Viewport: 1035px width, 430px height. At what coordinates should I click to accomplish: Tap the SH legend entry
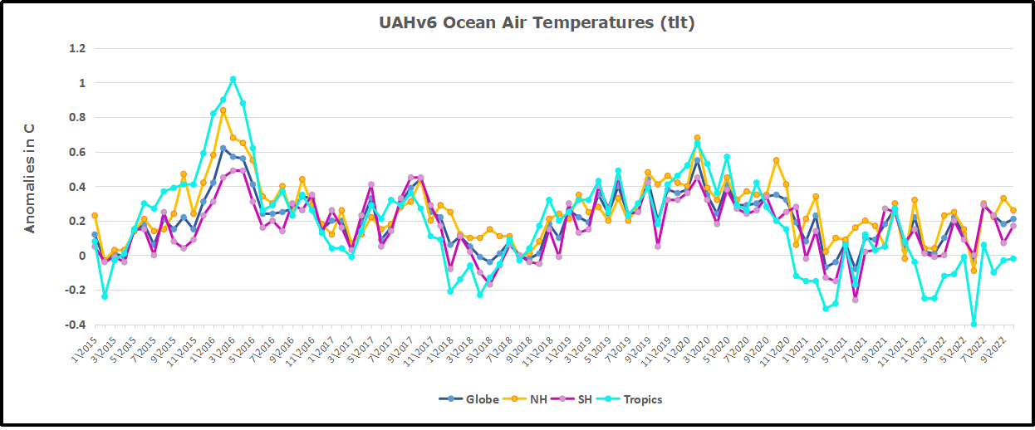click(576, 399)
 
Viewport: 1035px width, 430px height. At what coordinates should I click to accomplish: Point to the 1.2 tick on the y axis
click(76, 48)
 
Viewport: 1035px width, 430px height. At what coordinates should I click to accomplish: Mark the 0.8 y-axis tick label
click(76, 117)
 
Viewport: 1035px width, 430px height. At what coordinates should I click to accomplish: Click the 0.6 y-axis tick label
click(76, 152)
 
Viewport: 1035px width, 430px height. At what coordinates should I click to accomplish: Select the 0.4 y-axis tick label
click(76, 187)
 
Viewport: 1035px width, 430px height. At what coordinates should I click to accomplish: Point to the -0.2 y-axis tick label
click(75, 291)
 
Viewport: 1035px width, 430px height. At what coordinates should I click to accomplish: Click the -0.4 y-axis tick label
click(75, 325)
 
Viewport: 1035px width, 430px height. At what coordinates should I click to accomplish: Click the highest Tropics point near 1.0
click(233, 80)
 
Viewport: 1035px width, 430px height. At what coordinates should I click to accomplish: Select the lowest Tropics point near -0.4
click(974, 324)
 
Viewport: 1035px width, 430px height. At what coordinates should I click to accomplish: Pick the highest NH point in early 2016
click(223, 110)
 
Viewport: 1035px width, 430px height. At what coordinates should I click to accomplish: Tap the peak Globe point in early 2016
click(223, 149)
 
